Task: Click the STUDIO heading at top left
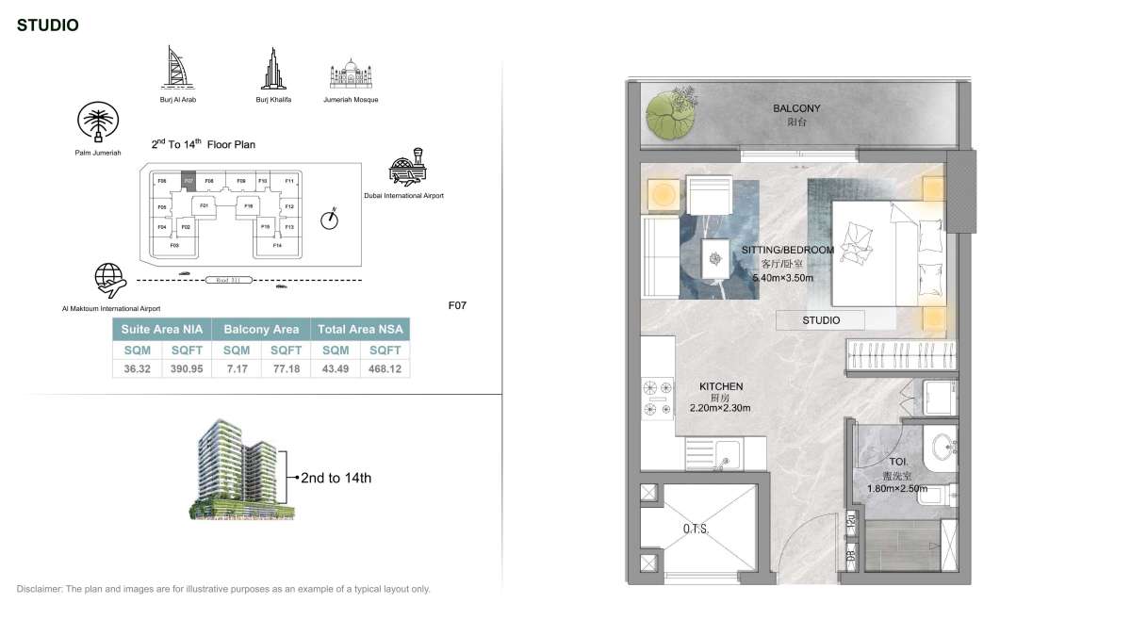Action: [x=47, y=25]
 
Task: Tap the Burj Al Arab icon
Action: [x=177, y=67]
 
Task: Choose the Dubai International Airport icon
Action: [x=407, y=168]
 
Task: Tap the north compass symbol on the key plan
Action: [x=329, y=219]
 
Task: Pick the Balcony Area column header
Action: [x=261, y=329]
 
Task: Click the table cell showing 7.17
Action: [x=236, y=368]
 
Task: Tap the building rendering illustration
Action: [x=240, y=468]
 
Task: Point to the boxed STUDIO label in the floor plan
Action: [x=821, y=320]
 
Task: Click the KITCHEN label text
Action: [x=721, y=386]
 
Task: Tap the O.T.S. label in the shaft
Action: [x=696, y=530]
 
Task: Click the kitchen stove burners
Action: [x=657, y=398]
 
